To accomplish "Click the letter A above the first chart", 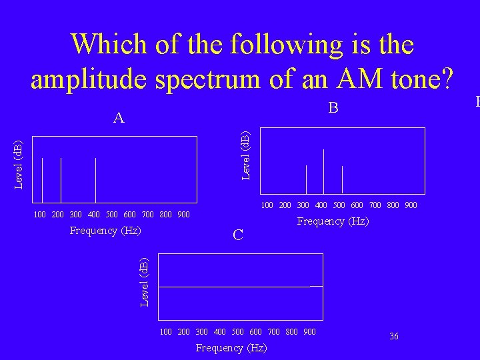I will pos(119,119).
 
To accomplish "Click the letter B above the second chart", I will pos(335,108).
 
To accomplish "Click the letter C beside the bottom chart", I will pos(238,235).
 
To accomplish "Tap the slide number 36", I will pos(394,337).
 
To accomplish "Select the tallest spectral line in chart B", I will pos(324,171).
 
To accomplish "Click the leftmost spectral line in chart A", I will pos(42,180).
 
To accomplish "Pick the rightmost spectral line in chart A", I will pos(96,180).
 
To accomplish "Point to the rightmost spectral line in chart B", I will pos(342,179).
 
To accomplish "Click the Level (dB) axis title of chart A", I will pos(19,164).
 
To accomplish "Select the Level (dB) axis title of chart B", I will pos(245,155).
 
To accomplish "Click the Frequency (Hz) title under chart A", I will pos(105,231).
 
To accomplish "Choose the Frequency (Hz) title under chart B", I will pos(333,221).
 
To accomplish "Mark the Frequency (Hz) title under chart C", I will pos(231,348).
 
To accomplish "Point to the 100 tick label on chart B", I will pos(267,205).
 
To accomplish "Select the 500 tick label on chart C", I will pos(238,332).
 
